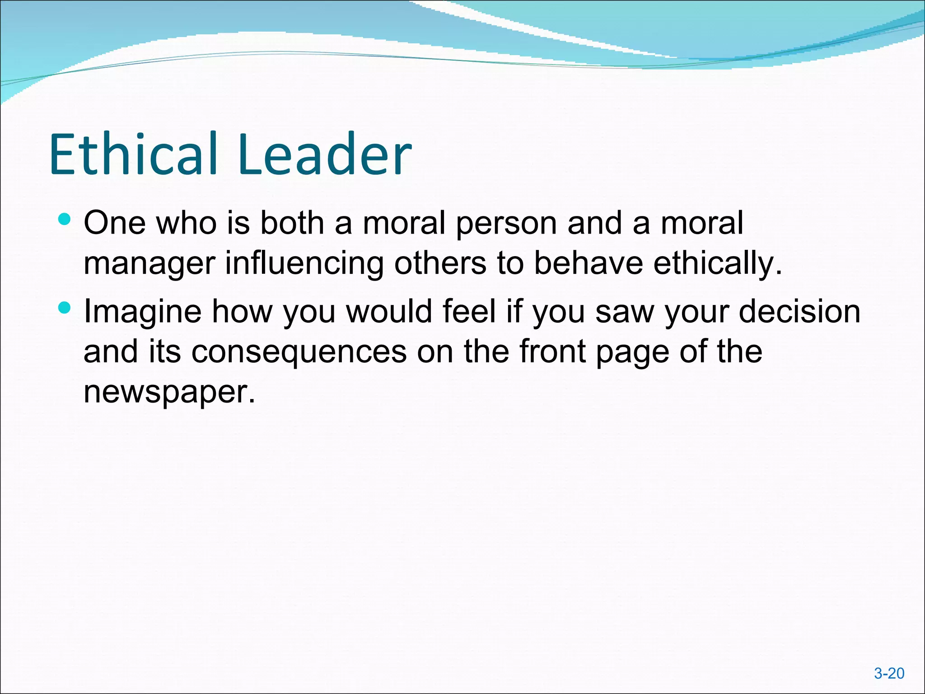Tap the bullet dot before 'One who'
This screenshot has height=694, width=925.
[65, 220]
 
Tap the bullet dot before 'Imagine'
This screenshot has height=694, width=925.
[65, 308]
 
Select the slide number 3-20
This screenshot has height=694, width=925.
[889, 673]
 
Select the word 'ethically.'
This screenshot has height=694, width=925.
[718, 263]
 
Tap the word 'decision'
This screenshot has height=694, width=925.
[799, 311]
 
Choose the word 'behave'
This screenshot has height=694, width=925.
[588, 263]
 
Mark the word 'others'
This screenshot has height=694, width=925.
[440, 263]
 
